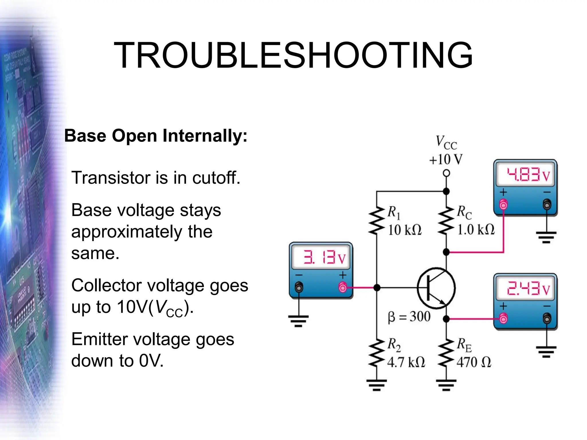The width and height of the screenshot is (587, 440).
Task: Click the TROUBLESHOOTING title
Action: (x=293, y=55)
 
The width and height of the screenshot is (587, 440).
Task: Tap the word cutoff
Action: (x=216, y=178)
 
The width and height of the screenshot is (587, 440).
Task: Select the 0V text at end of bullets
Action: (x=151, y=361)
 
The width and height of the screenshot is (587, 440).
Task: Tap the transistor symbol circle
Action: (x=436, y=288)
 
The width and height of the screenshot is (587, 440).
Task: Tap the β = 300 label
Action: (x=409, y=317)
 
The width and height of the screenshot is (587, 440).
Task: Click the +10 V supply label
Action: (x=446, y=160)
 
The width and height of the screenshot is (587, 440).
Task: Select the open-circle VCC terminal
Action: (x=446, y=173)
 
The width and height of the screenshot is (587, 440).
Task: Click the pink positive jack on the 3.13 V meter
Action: (x=343, y=287)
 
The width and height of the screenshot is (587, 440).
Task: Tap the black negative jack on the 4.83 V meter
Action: (x=547, y=205)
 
